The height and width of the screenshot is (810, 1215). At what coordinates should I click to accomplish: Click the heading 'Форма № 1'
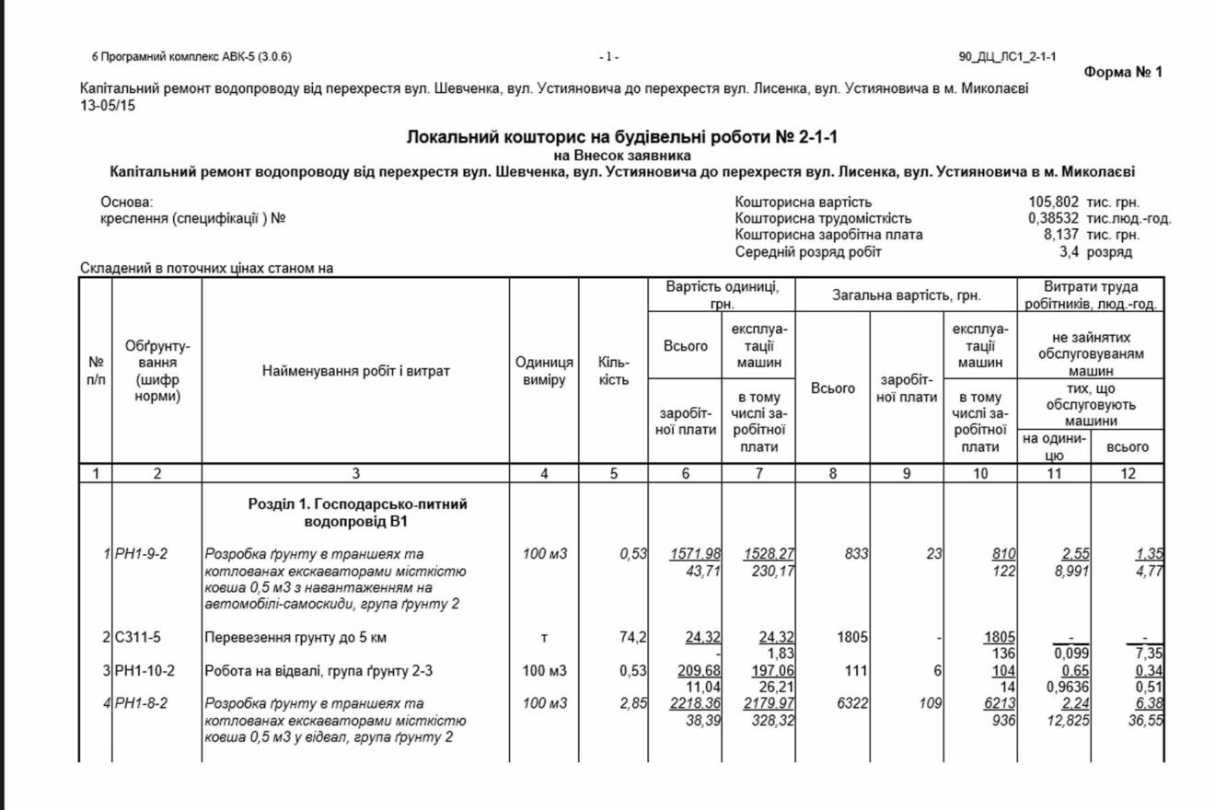[x=1123, y=72]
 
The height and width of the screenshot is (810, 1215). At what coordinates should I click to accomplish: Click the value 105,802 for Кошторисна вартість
[x=1054, y=202]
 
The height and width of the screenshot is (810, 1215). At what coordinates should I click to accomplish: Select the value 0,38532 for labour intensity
[x=1054, y=219]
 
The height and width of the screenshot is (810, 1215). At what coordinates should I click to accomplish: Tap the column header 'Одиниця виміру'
[x=543, y=371]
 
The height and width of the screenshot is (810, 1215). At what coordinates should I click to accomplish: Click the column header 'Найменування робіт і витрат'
[x=355, y=372]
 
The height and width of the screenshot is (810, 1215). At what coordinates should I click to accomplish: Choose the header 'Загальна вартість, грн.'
[x=907, y=295]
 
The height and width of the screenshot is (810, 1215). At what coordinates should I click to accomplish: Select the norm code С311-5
[x=139, y=636]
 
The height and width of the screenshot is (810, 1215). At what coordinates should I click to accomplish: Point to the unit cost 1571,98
[x=695, y=554]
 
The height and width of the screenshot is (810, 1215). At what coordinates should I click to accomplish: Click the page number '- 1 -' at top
[x=608, y=57]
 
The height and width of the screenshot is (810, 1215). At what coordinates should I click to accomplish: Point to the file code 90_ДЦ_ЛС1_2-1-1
[x=1007, y=57]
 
